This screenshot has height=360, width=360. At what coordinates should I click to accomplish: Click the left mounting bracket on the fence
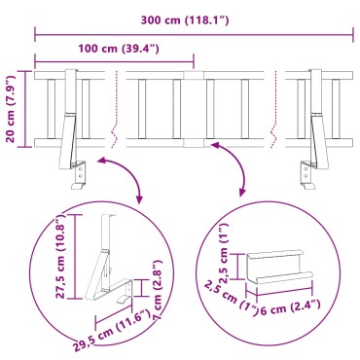71,126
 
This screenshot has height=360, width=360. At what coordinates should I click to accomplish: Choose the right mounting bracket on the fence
313,126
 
